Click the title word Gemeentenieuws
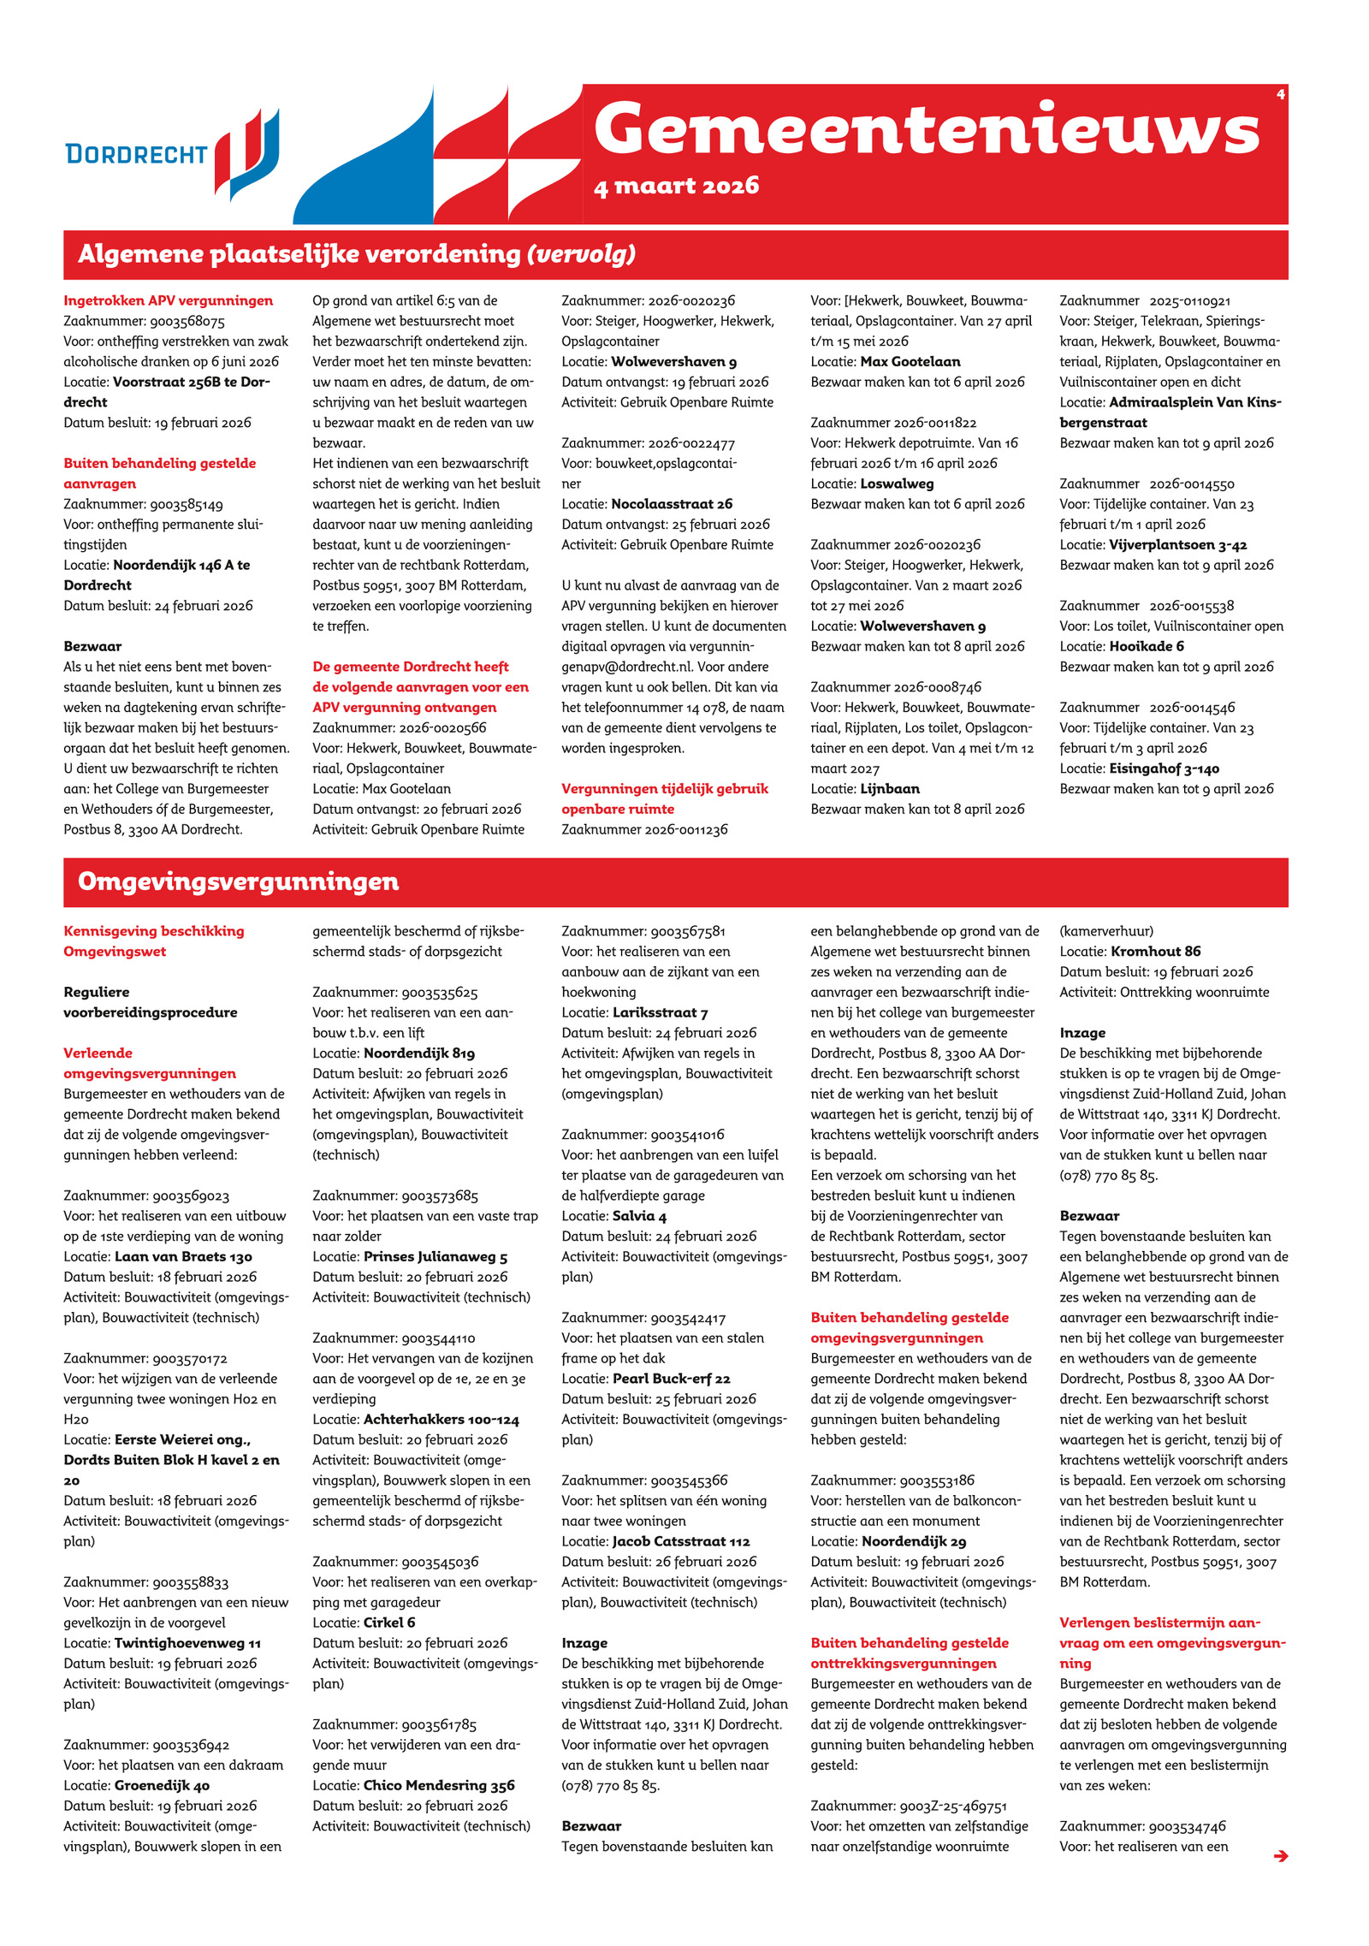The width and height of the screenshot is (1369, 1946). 927,129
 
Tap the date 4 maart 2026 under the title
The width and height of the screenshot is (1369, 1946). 676,186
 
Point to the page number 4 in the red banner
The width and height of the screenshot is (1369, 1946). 1280,94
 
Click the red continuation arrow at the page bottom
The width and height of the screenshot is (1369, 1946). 1280,1855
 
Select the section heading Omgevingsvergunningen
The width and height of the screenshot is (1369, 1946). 238,881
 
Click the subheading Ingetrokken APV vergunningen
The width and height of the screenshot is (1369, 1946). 168,300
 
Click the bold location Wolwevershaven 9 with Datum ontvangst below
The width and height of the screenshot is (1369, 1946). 673,362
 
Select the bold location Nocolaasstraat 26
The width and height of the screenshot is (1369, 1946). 672,504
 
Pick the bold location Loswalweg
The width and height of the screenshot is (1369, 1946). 897,484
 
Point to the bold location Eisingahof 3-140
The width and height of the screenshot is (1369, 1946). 1164,768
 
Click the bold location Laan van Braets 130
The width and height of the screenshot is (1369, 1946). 183,1256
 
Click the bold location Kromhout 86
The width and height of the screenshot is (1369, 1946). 1155,951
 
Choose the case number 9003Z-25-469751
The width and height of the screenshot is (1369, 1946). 952,1806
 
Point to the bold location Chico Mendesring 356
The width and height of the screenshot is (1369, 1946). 439,1785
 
